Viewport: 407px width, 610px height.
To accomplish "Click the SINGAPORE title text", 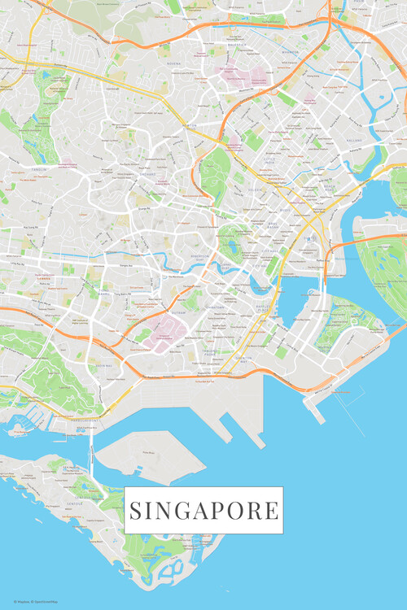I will click(203, 511).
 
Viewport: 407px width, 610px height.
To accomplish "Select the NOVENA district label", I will click(173, 63).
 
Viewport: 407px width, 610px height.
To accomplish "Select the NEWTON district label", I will click(190, 125).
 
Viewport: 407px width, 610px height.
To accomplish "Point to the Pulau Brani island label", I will click(149, 451).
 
